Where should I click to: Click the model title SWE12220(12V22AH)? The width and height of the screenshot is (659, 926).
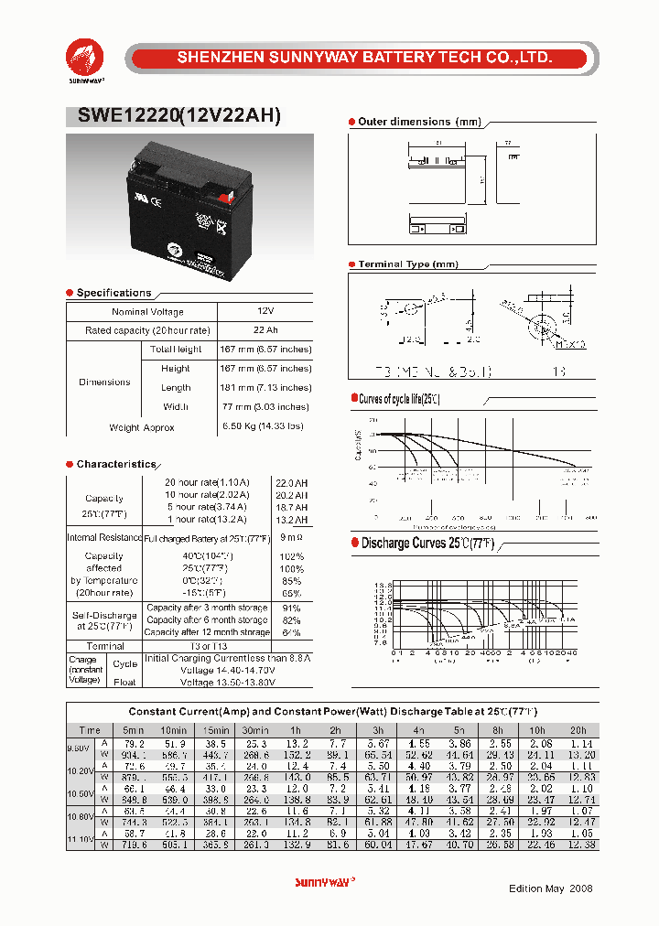coord(173,115)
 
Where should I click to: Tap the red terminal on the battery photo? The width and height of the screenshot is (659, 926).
coord(230,194)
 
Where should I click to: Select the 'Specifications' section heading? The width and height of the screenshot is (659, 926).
coord(113,293)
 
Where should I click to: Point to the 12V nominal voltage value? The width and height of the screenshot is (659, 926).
coord(265,312)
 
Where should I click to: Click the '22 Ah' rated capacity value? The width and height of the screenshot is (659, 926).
coord(265,330)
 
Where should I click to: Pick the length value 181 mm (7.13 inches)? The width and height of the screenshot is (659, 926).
coord(265,388)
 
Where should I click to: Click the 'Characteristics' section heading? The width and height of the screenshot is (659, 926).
coord(116,464)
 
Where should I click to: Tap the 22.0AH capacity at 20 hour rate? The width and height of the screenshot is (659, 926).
coord(292,482)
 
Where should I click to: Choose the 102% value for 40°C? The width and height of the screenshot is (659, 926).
coord(292,556)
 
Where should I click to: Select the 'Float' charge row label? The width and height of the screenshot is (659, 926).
coord(124,683)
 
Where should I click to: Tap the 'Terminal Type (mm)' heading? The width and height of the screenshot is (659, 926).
coord(407,264)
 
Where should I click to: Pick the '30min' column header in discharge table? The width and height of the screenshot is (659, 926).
coord(255,730)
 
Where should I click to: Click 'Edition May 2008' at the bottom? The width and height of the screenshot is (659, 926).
coord(551,888)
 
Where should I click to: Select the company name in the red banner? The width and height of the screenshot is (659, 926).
coord(363,58)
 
